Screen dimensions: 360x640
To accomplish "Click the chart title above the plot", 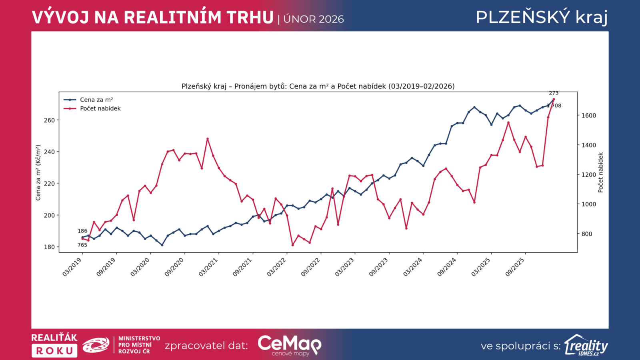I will coord(318,86).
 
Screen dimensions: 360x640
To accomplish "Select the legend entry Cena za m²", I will coord(96,100).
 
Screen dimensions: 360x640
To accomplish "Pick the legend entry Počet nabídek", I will coord(100,108).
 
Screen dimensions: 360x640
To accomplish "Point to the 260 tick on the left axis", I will coord(49,120).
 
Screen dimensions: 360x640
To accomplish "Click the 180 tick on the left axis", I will coord(49,247).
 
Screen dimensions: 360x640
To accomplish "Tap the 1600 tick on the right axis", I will coord(588,116).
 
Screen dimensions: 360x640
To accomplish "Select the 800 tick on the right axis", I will coord(587,234).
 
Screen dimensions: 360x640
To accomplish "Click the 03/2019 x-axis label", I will coord(72,267).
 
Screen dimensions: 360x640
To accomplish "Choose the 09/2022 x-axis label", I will coord(311,267).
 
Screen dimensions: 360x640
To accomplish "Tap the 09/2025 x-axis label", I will coord(515,267).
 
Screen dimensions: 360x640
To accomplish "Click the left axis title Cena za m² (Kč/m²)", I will coord(38,173).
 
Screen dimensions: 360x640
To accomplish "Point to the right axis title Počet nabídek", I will coord(600,172).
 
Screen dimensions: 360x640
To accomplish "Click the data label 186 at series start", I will coord(82,231).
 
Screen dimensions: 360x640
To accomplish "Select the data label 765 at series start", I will coord(82,245).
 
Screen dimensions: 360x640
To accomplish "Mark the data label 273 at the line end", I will coord(554,93).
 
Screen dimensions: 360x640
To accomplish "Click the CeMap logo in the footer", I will coord(289,345).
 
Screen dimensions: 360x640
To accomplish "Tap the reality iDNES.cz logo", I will coord(586,345).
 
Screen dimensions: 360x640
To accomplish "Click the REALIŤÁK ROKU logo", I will coord(54,345).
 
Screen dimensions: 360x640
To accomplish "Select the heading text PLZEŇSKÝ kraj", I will coord(542,17).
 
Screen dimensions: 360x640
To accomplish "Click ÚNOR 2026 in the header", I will coord(314,19).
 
